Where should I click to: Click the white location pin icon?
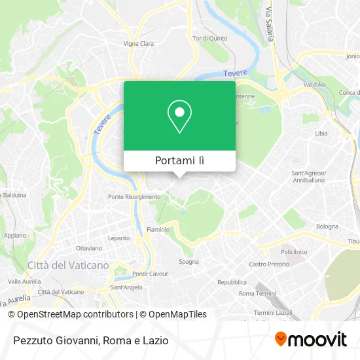coord(179,116)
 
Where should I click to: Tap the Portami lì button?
coord(179,161)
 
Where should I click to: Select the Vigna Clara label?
coord(138,44)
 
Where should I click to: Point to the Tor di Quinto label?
coord(209,38)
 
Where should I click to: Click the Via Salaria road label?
coord(268,26)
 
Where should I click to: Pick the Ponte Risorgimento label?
coord(134,196)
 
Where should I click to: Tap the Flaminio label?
coord(158,230)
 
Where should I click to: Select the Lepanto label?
coord(118,239)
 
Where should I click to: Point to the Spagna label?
coord(189,262)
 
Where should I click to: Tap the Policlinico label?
coord(294,252)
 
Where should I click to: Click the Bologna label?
coord(327,226)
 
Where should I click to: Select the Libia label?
coord(321,133)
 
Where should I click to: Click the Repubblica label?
coord(232,282)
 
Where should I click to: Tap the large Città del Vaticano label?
coord(68,265)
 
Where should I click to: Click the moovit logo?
coord(310,340)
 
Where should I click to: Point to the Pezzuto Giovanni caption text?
coord(90,340)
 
